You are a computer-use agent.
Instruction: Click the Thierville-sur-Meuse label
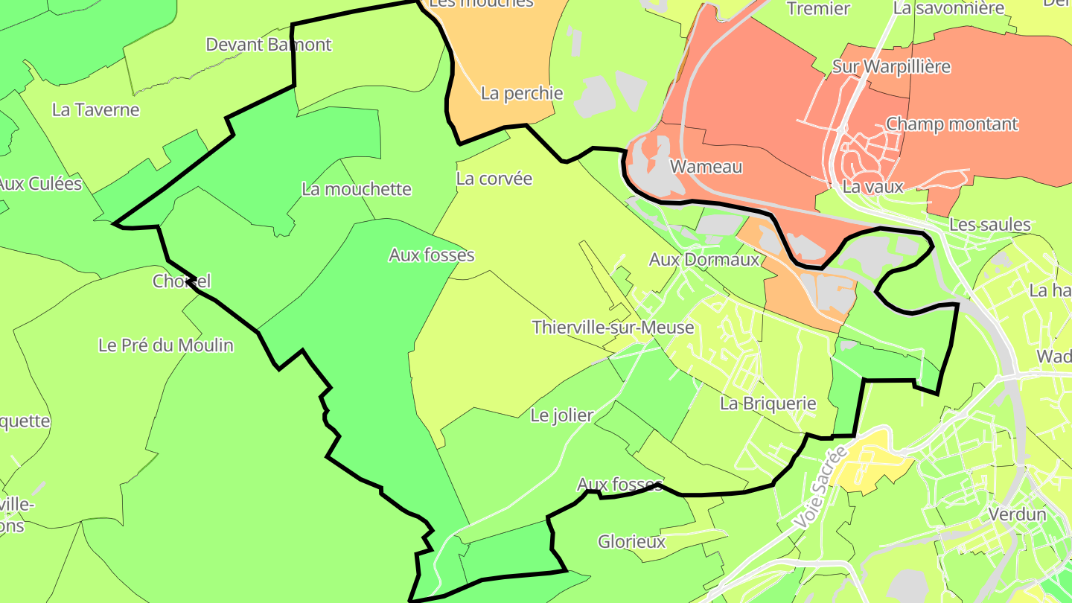(613, 328)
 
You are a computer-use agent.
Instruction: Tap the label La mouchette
(357, 189)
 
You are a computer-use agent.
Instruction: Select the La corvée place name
(494, 179)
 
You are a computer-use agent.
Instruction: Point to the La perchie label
(522, 94)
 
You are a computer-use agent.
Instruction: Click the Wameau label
(706, 167)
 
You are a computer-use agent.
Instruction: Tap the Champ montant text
(951, 124)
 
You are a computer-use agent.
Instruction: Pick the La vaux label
(872, 187)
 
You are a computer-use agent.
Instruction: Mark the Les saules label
(989, 225)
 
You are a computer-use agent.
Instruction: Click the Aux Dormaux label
(704, 260)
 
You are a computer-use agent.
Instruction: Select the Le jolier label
(562, 415)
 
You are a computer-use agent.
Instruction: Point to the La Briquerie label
(768, 404)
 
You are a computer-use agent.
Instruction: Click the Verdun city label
(1018, 514)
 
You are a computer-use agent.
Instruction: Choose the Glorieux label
(631, 542)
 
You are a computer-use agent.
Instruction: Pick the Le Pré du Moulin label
(166, 345)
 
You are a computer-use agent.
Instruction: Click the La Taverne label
(95, 110)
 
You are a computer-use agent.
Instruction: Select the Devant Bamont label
(269, 45)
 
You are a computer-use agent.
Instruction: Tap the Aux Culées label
(39, 184)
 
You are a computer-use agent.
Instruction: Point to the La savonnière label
(948, 9)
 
